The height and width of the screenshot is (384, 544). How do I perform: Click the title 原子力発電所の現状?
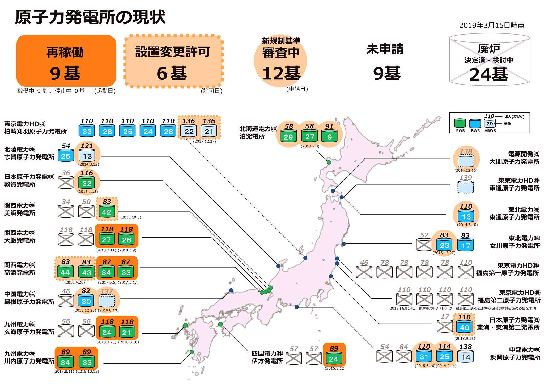90,18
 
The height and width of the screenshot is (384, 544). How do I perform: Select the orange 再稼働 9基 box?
66,61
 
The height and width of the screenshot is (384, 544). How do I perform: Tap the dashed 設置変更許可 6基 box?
174,61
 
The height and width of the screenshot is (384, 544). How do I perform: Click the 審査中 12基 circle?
280,61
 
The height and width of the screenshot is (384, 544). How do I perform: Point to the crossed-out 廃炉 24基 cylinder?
489,59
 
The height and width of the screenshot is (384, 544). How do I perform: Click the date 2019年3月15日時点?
492,25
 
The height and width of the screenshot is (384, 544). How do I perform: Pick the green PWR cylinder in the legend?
460,123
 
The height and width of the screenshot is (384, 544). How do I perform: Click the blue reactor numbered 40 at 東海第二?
465,327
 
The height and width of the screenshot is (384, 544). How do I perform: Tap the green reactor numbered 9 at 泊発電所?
329,136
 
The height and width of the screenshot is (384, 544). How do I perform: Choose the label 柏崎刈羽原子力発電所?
36,132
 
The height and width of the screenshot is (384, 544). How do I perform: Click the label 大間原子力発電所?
515,162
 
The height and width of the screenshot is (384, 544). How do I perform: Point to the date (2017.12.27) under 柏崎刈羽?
205,141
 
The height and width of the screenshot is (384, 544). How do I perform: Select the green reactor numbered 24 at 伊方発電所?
334,358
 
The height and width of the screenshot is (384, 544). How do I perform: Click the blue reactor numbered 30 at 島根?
86,301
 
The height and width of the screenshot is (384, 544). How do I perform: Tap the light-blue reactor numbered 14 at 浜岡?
466,357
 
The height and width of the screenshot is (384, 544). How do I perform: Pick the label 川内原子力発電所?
29,361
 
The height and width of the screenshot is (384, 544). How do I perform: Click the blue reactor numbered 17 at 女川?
466,245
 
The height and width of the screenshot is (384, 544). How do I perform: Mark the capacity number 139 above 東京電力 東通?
466,178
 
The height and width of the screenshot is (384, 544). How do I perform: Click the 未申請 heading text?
385,49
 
